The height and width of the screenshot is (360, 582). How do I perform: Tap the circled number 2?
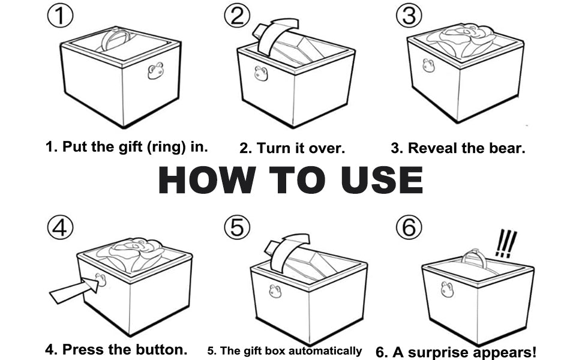pos(237,16)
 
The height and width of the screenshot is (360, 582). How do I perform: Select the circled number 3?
pos(408,16)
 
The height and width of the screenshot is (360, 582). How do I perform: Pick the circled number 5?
pos(236,228)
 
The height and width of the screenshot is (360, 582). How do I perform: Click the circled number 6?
pos(408,228)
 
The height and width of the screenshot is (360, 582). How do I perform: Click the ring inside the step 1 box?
pos(116,39)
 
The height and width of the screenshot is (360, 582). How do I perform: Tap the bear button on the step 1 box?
pos(155,71)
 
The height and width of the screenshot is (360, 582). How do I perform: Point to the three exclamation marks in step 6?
pos(506,244)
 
